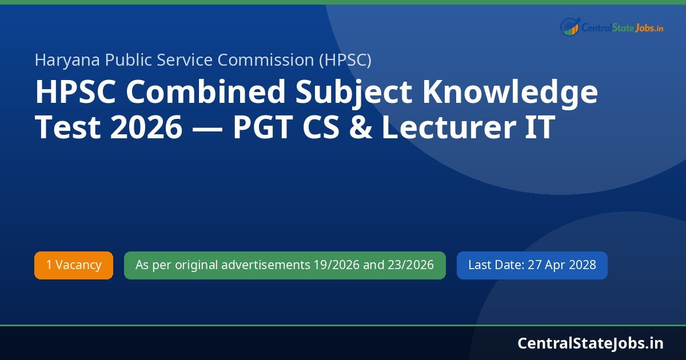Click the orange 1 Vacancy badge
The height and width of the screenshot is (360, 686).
[74, 265]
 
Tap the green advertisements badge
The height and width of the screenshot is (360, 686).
[285, 265]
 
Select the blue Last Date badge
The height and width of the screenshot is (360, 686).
[532, 265]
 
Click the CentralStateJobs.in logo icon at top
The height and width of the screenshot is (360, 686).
[570, 26]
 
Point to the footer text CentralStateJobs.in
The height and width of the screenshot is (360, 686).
[591, 343]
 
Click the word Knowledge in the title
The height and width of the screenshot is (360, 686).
[510, 93]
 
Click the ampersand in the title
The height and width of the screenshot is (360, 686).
[361, 128]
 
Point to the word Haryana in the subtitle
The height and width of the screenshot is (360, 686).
[67, 60]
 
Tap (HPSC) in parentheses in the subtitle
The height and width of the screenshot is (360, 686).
[345, 60]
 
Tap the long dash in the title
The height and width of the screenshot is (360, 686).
[207, 128]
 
